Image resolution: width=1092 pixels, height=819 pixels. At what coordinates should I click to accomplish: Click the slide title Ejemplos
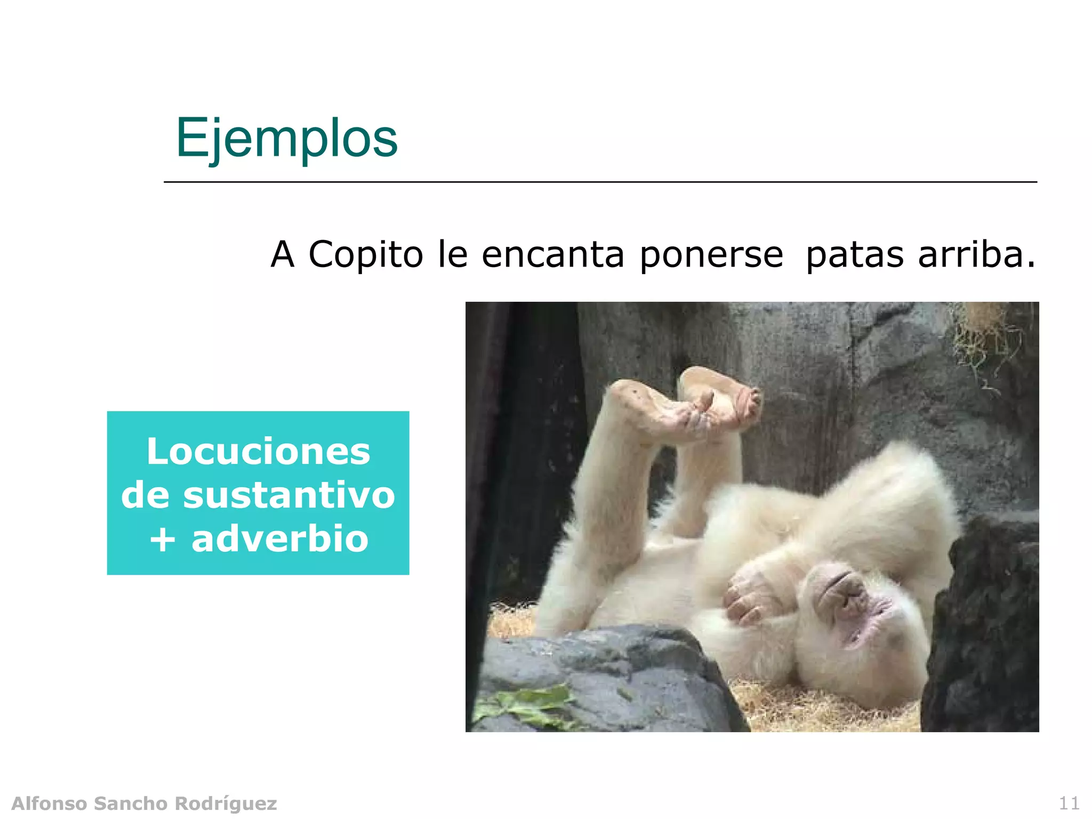tap(286, 138)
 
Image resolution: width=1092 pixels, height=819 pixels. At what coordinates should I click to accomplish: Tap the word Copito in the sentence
tap(366, 254)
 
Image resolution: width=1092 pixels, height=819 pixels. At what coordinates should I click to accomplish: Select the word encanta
tap(552, 254)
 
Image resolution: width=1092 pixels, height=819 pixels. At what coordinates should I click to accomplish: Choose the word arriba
tap(970, 254)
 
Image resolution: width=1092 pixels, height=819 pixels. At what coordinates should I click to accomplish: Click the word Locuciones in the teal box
tap(258, 452)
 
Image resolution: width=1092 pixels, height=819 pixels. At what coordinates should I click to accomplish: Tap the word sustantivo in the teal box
tap(289, 495)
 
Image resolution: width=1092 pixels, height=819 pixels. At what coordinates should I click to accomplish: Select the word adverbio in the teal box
tap(280, 539)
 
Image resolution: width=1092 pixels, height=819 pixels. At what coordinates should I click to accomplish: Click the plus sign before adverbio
tap(162, 540)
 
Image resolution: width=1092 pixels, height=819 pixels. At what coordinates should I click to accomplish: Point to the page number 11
tap(1069, 803)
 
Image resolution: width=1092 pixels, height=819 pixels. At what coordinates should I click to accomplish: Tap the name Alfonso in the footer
tap(49, 803)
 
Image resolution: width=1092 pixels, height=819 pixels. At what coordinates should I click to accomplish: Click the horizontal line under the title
tap(600, 182)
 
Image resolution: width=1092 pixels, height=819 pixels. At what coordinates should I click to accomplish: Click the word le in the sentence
tap(452, 254)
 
